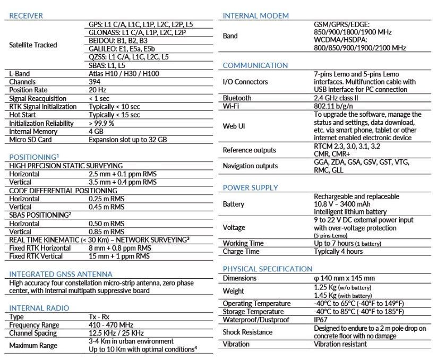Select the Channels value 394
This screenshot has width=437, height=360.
[x=96, y=82]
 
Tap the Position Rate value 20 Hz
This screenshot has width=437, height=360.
[x=97, y=90]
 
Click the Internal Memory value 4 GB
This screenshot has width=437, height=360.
[x=97, y=131]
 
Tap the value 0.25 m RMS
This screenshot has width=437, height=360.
[x=106, y=199]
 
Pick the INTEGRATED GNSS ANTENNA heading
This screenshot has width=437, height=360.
[x=61, y=274]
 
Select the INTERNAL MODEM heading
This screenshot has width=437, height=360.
[x=256, y=16]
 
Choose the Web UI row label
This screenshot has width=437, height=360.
[x=235, y=126]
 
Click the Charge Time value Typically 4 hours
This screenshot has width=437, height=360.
[x=338, y=251]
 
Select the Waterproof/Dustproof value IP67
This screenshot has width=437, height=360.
[x=322, y=320]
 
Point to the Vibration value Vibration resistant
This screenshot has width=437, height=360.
[x=340, y=344]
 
